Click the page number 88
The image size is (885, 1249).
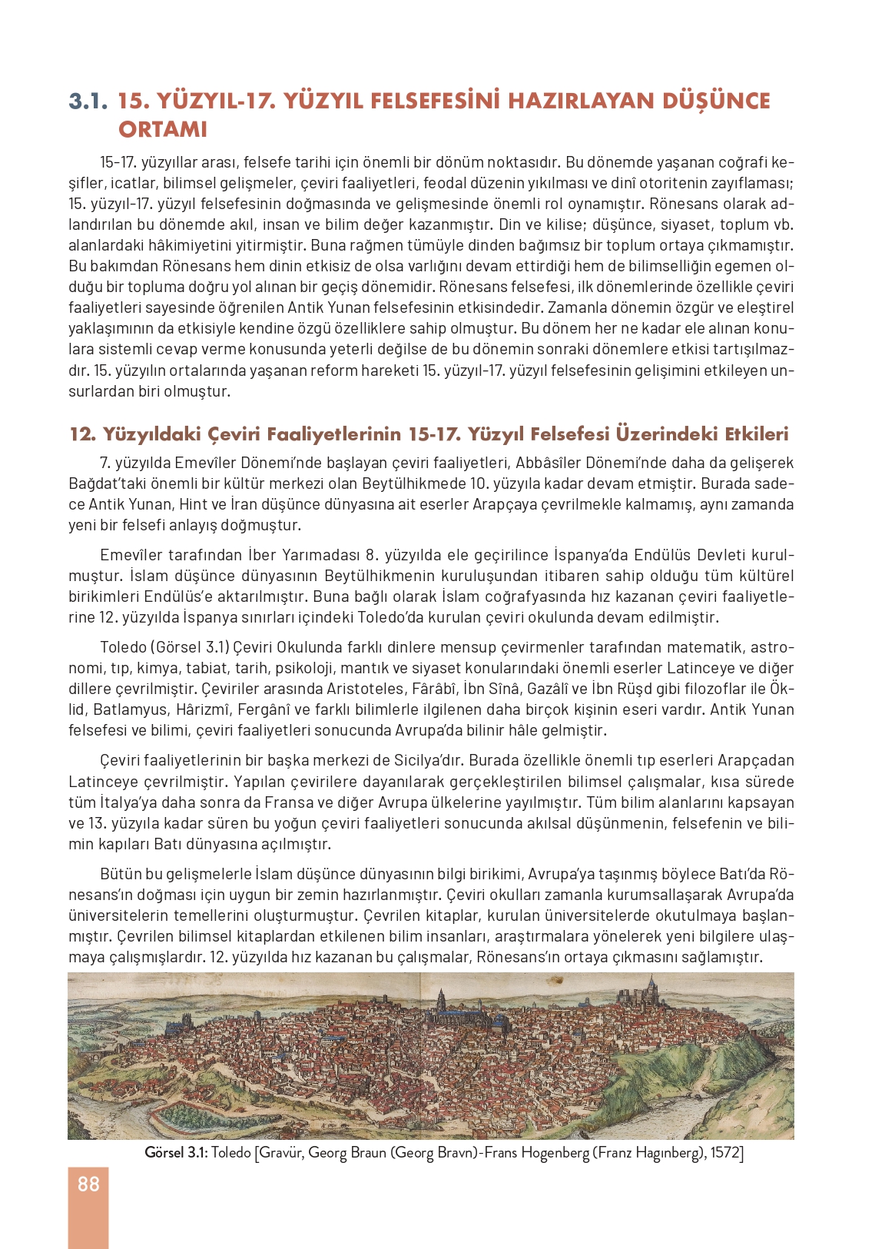pos(88,1184)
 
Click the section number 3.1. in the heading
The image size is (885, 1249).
pos(88,101)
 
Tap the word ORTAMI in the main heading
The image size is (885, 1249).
pos(163,129)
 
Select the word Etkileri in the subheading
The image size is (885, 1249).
pos(756,434)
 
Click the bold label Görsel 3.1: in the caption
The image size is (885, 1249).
pos(176,1153)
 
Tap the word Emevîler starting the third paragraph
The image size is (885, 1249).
pos(129,555)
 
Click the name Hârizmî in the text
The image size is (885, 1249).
pos(203,709)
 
